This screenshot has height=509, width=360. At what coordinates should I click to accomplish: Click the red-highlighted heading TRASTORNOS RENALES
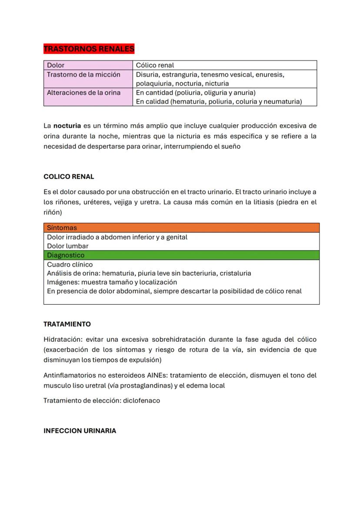click(89, 49)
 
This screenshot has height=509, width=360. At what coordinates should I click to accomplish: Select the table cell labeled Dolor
click(56, 65)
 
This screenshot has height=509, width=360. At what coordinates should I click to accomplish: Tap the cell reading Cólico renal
click(155, 65)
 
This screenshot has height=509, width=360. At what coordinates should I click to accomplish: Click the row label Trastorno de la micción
click(83, 74)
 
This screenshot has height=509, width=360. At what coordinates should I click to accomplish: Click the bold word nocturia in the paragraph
click(67, 126)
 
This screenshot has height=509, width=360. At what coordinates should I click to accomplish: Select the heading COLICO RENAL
click(69, 176)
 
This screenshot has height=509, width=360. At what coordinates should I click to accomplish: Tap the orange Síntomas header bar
click(181, 228)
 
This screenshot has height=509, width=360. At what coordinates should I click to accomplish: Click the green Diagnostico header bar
click(181, 255)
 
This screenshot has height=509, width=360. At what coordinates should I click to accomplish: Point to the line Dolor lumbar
click(67, 246)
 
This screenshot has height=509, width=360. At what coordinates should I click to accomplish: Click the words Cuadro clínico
click(70, 264)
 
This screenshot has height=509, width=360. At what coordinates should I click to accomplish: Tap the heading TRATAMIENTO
click(67, 324)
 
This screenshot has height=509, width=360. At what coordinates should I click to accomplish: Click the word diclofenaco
click(141, 400)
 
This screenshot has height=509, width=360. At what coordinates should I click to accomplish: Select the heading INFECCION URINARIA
click(80, 431)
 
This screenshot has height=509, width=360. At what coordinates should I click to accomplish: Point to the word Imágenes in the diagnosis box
click(63, 282)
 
